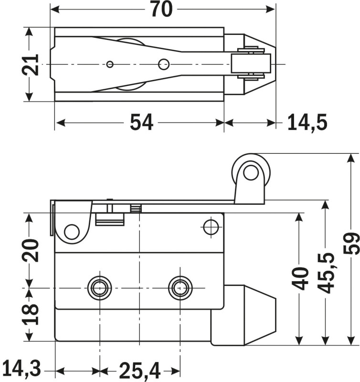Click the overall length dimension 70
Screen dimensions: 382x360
coord(161,9)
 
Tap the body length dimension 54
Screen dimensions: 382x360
coord(142,123)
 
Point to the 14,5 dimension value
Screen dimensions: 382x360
coord(307,123)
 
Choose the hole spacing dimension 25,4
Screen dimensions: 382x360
coord(139,371)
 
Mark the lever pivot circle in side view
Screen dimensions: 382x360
coord(72,232)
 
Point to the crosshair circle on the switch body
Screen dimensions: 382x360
coord(210,227)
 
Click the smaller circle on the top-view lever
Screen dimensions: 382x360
coord(110,64)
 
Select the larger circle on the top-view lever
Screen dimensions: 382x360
coord(163,64)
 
